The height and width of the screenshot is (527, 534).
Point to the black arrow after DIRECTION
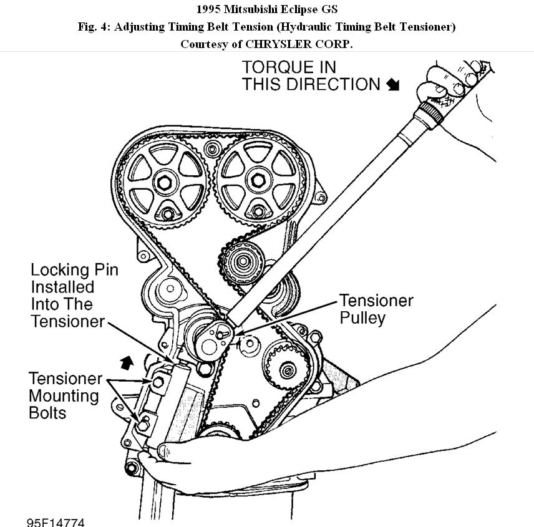[392, 85]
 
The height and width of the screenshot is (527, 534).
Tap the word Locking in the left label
[59, 270]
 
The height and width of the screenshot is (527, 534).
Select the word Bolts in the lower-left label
[47, 412]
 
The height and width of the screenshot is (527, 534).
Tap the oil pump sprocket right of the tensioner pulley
[287, 370]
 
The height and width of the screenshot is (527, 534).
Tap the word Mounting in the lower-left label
[64, 395]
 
